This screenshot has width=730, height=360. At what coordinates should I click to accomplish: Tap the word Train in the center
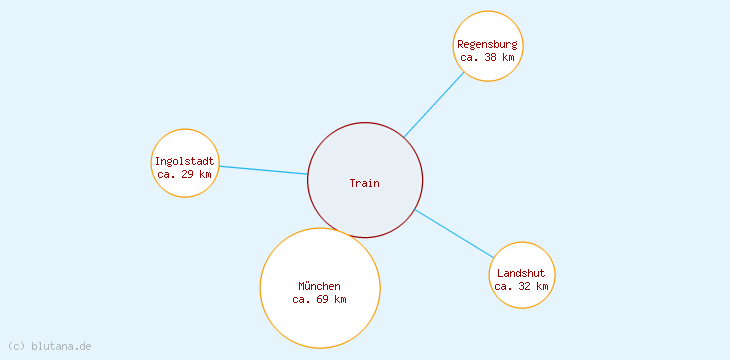[x=365, y=183]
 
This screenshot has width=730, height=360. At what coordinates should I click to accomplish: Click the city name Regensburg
[x=488, y=44]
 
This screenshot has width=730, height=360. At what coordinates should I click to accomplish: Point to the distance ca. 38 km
[x=488, y=58]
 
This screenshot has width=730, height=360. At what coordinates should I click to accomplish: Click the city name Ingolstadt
[x=185, y=161]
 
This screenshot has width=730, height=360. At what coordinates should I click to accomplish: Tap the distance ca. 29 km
[x=185, y=174]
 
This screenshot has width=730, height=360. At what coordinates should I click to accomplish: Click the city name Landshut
[x=522, y=273]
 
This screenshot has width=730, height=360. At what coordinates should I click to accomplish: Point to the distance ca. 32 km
[x=522, y=286]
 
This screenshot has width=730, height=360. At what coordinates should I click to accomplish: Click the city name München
[x=320, y=286]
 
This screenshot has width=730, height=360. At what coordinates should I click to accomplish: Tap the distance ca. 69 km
[x=320, y=299]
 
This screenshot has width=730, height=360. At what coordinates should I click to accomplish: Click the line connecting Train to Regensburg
[x=434, y=104]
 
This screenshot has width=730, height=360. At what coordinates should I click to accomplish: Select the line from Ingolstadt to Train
[x=263, y=170]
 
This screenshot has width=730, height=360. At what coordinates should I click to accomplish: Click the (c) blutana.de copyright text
[x=49, y=346]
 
